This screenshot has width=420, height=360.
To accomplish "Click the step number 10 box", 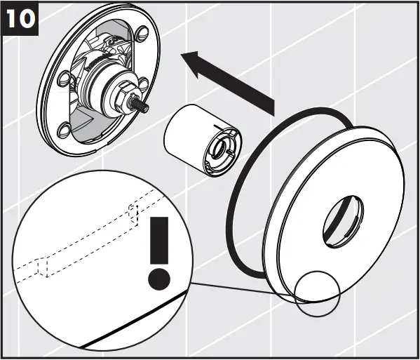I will coord(20,19).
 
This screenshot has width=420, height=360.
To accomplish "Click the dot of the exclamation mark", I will coord(160,279).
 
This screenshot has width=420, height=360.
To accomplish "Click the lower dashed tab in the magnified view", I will coord(41,267).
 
